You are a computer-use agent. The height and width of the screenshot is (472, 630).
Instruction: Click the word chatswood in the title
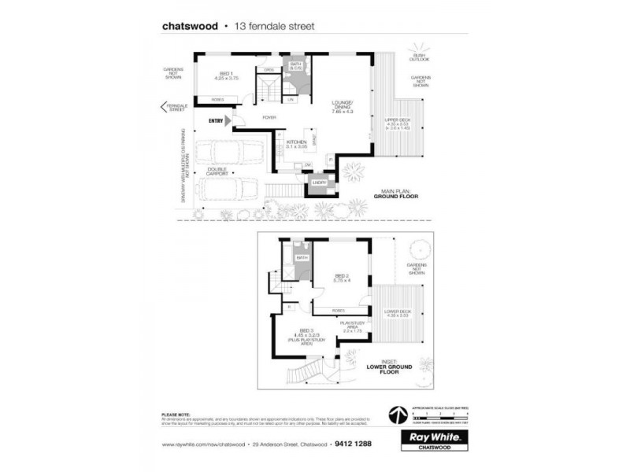pos(190,26)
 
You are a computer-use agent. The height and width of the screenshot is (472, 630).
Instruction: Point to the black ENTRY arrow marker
pos(228,120)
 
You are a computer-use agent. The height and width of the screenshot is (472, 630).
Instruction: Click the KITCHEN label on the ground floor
pos(296,142)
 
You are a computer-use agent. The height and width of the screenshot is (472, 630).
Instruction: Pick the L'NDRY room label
pos(319,183)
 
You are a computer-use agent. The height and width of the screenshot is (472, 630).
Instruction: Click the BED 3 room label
pos(306,331)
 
